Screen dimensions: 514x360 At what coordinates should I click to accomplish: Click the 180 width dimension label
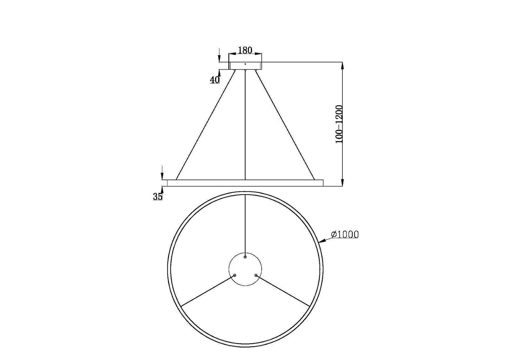click(x=245, y=50)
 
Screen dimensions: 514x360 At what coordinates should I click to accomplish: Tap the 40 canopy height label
click(x=215, y=80)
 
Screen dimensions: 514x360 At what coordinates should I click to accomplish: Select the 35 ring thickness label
click(x=158, y=196)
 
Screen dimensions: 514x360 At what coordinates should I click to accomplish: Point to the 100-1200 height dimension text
click(x=339, y=124)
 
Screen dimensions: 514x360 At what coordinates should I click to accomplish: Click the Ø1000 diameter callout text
click(x=345, y=234)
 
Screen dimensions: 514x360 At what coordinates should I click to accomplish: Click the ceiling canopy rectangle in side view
click(x=245, y=66)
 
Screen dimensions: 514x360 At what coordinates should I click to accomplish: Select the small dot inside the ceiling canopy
click(x=245, y=64)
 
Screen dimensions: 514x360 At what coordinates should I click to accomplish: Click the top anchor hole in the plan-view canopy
click(x=245, y=257)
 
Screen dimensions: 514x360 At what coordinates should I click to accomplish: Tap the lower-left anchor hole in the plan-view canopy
click(x=235, y=275)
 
